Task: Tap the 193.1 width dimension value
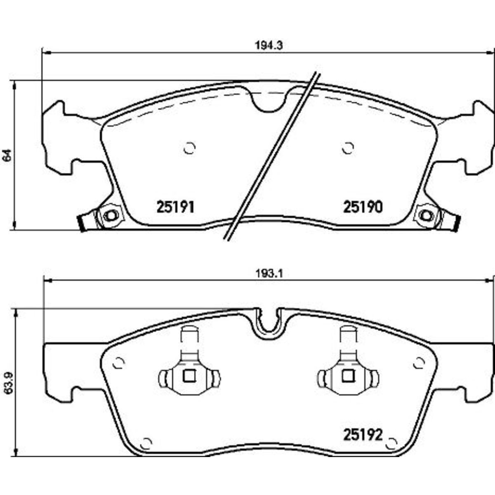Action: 269,274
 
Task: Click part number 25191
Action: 175,207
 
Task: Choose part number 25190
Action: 363,207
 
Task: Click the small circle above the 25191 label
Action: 190,148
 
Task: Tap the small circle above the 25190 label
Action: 348,148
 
